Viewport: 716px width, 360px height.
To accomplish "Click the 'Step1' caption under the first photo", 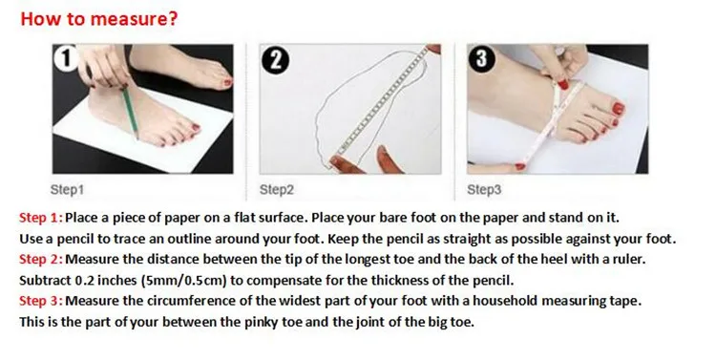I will point(68,189).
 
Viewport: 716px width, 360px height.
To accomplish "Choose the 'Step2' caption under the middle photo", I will point(277,189).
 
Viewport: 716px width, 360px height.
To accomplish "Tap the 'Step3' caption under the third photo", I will point(484,189).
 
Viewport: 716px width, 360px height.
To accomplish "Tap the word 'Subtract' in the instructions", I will point(45,280).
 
